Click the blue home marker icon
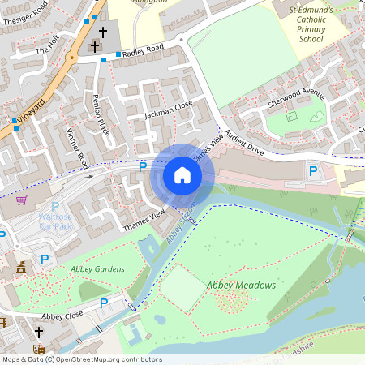coord(182,175)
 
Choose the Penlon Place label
coord(101,115)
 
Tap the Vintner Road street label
coord(77,148)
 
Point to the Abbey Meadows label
coord(241,286)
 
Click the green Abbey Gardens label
coord(97,268)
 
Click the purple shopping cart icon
coord(21,200)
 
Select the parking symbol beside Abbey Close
coord(104,303)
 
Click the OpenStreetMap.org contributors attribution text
coord(105,359)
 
